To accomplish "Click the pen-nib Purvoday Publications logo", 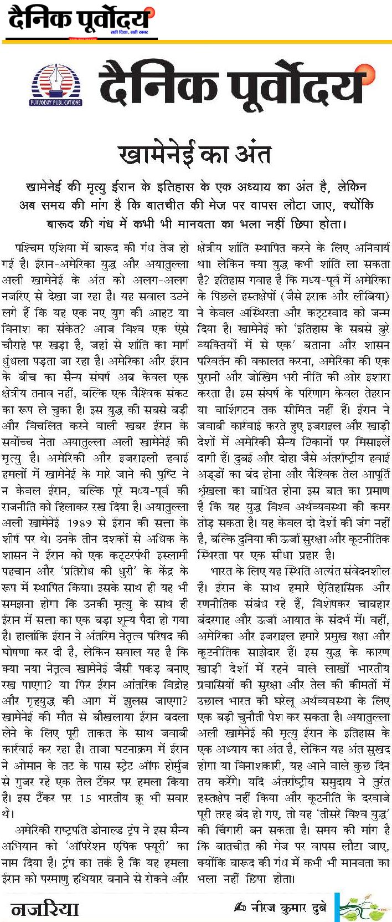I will pyautogui.click(x=55, y=83).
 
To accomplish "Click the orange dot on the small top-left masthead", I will pyautogui.click(x=151, y=12).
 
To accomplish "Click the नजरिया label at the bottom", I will pyautogui.click(x=45, y=908).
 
